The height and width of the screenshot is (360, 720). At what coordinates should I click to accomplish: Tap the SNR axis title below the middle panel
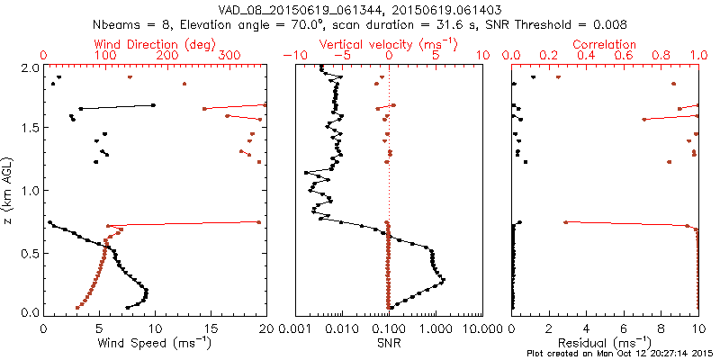click(x=389, y=343)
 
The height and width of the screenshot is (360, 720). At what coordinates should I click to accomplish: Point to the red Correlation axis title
click(x=605, y=44)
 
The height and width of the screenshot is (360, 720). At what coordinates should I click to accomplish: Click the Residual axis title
click(x=605, y=343)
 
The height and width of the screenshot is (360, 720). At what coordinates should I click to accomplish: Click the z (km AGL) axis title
click(x=10, y=190)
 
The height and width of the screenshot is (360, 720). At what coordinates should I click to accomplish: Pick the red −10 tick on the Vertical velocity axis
click(x=291, y=56)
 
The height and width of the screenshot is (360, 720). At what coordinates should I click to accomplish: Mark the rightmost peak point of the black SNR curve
click(x=443, y=280)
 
